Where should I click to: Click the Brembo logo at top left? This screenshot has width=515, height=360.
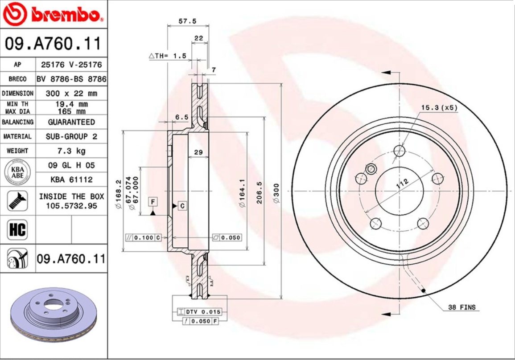[x=54, y=14]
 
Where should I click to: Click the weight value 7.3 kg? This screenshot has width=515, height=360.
[x=71, y=151]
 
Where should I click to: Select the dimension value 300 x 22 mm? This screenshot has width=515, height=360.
[x=71, y=94]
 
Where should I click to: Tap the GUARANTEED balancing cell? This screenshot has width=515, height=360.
[x=71, y=122]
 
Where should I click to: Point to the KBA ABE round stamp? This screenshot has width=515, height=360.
[x=17, y=172]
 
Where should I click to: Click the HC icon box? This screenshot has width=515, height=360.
[x=17, y=230]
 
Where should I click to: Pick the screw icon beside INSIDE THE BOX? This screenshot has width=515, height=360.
[x=17, y=201]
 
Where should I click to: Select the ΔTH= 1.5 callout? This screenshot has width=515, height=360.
[x=167, y=56]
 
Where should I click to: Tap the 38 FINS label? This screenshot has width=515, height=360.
[x=461, y=307]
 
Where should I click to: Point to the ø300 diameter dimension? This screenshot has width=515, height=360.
[x=276, y=193]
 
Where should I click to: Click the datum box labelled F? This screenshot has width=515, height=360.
[x=153, y=202]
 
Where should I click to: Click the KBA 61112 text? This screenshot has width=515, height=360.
[x=71, y=180]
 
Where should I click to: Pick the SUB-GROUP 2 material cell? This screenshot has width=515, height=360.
[x=71, y=136]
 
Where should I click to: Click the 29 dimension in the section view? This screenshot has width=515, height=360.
[x=198, y=152]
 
